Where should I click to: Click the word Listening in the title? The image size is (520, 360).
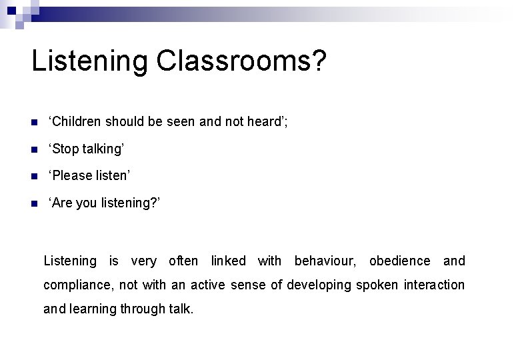90,61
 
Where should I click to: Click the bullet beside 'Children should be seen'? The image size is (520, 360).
35,122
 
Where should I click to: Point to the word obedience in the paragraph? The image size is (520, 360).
399,261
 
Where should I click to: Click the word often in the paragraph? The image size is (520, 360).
183,261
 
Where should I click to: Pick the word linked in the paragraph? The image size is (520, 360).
229,261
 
